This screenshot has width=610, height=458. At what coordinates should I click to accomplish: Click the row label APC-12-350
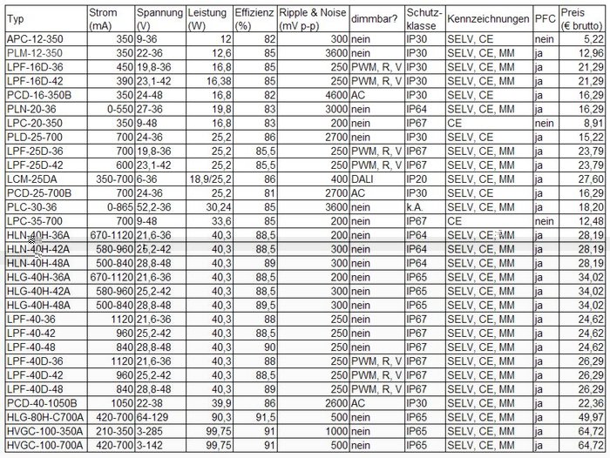34,39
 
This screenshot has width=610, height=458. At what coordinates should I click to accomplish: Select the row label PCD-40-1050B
42,403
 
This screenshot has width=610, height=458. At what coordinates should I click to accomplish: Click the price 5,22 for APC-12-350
593,39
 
